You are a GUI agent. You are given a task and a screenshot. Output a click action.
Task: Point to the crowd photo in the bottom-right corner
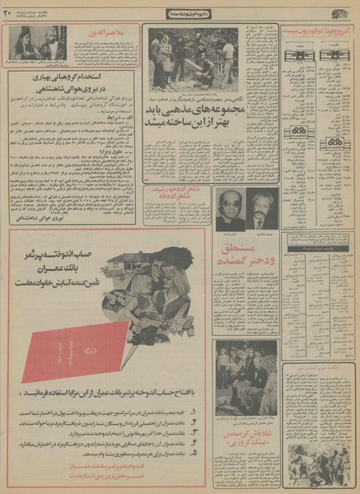point(320,461)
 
